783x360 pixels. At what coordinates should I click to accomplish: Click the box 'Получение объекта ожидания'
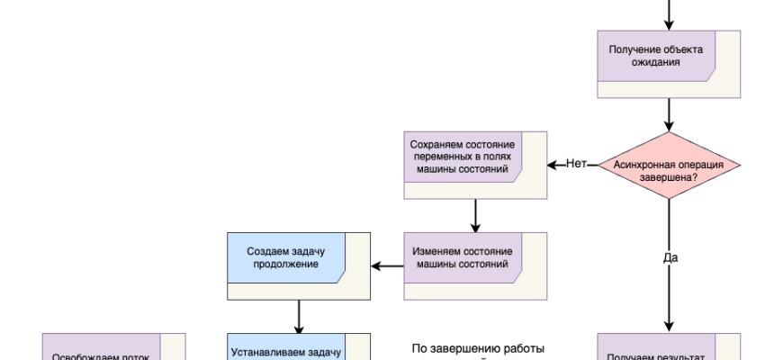point(669,63)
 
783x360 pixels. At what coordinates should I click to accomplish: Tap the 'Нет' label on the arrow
point(576,164)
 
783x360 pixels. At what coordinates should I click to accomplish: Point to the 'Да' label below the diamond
point(670,257)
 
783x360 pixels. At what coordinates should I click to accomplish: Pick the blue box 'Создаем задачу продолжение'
point(298,265)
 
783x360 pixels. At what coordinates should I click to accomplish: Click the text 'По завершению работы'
point(478,348)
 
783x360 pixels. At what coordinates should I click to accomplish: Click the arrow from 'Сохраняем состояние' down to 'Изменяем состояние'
point(474,215)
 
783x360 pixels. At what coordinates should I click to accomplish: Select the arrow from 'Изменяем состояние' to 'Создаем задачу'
point(387,265)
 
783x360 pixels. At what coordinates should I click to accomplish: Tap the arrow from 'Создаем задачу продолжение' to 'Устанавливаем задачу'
point(298,316)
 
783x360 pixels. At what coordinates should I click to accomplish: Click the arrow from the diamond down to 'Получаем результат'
point(669,297)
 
